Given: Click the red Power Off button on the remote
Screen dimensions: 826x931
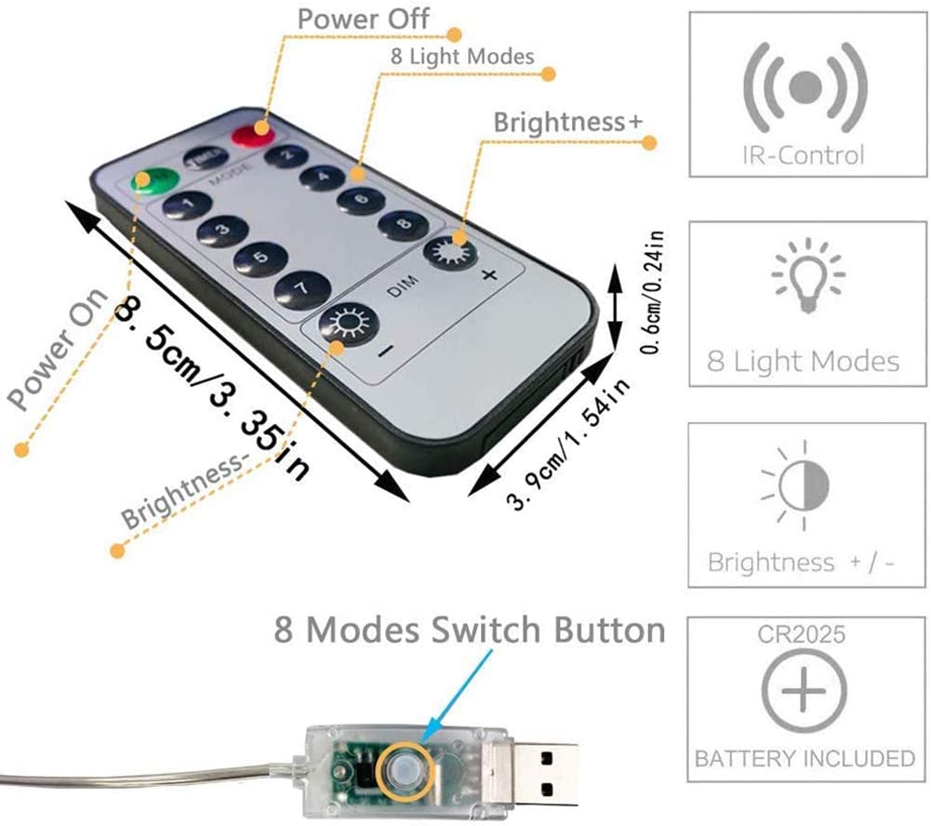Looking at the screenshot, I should point(250,136).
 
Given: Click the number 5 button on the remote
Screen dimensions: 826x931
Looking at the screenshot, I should point(259,258).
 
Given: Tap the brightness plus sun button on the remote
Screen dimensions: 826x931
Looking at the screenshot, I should point(451,252).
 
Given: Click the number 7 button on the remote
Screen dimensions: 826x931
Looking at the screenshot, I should point(301,288).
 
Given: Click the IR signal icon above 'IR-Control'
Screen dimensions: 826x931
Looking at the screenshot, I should point(805,87).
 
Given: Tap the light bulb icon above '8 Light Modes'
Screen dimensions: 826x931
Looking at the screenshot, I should point(805,275).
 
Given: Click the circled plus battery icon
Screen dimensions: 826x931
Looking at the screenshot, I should point(805,692).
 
